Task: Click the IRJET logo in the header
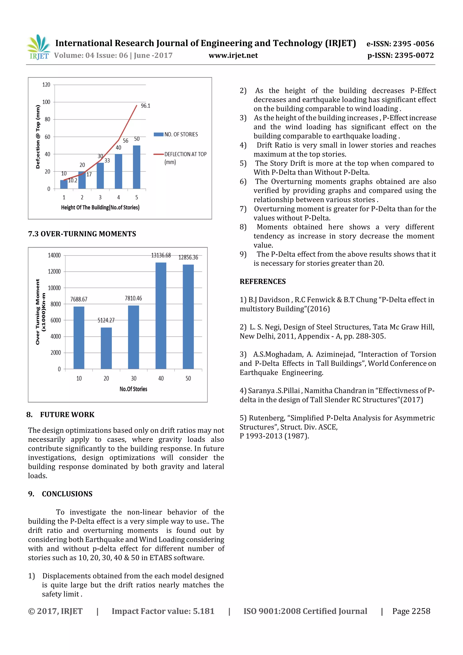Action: [x=38, y=47]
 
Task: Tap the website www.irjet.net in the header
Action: [x=233, y=55]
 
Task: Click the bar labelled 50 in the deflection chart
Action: [x=137, y=167]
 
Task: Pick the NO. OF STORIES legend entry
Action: [x=176, y=134]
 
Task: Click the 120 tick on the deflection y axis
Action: [x=46, y=85]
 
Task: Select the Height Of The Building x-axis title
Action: [x=100, y=207]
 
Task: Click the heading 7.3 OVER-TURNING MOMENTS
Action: [x=82, y=234]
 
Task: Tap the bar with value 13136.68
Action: [x=161, y=315]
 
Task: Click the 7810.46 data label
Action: [x=133, y=298]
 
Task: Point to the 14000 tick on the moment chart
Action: [x=54, y=255]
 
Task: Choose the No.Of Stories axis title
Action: [x=133, y=389]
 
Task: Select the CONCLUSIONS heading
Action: [x=67, y=494]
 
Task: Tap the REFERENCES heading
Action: [x=262, y=281]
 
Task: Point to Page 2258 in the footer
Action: [x=411, y=611]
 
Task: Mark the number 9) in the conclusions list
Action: [x=243, y=254]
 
